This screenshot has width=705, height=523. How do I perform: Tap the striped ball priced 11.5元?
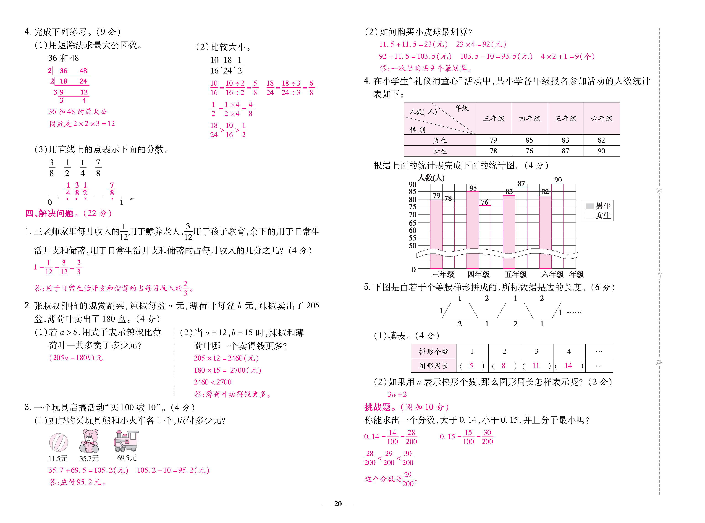pos(59,442)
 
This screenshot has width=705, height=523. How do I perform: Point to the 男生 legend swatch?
pos(590,206)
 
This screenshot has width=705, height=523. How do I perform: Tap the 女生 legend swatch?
pos(590,216)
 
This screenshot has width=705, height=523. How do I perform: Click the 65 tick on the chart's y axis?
pos(412,222)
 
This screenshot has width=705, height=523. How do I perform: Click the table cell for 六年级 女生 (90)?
pos(601,151)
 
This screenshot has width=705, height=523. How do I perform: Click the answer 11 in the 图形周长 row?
pos(536,366)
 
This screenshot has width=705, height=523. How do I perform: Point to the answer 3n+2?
pos(397,394)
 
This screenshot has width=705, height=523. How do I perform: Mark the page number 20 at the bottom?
pos(338,504)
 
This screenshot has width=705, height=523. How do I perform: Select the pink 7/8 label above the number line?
pos(112,189)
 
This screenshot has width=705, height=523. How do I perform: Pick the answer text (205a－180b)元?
pos(76,358)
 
